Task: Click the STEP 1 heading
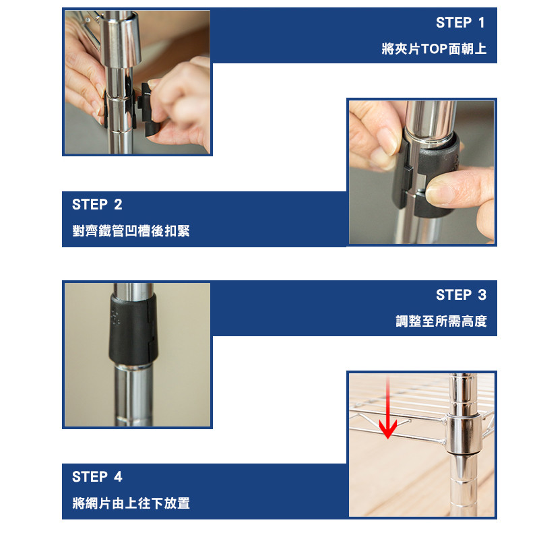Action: pos(461,23)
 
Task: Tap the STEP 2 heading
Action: pos(97,205)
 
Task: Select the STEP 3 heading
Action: pos(462,295)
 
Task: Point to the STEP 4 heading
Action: pos(97,477)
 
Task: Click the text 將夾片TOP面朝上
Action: pos(434,49)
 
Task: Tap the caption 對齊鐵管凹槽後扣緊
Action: pos(131,230)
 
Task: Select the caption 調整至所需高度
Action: pos(441,321)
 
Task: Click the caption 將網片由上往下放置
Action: pos(131,503)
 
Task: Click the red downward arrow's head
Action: pos(388,430)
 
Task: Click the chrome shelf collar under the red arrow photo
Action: pos(463,435)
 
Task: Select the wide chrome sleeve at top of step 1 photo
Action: pos(121,38)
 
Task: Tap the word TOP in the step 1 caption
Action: pos(434,49)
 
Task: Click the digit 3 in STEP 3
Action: pos(482,295)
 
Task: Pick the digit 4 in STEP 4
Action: pos(118,477)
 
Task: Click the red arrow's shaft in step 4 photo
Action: pos(388,399)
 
